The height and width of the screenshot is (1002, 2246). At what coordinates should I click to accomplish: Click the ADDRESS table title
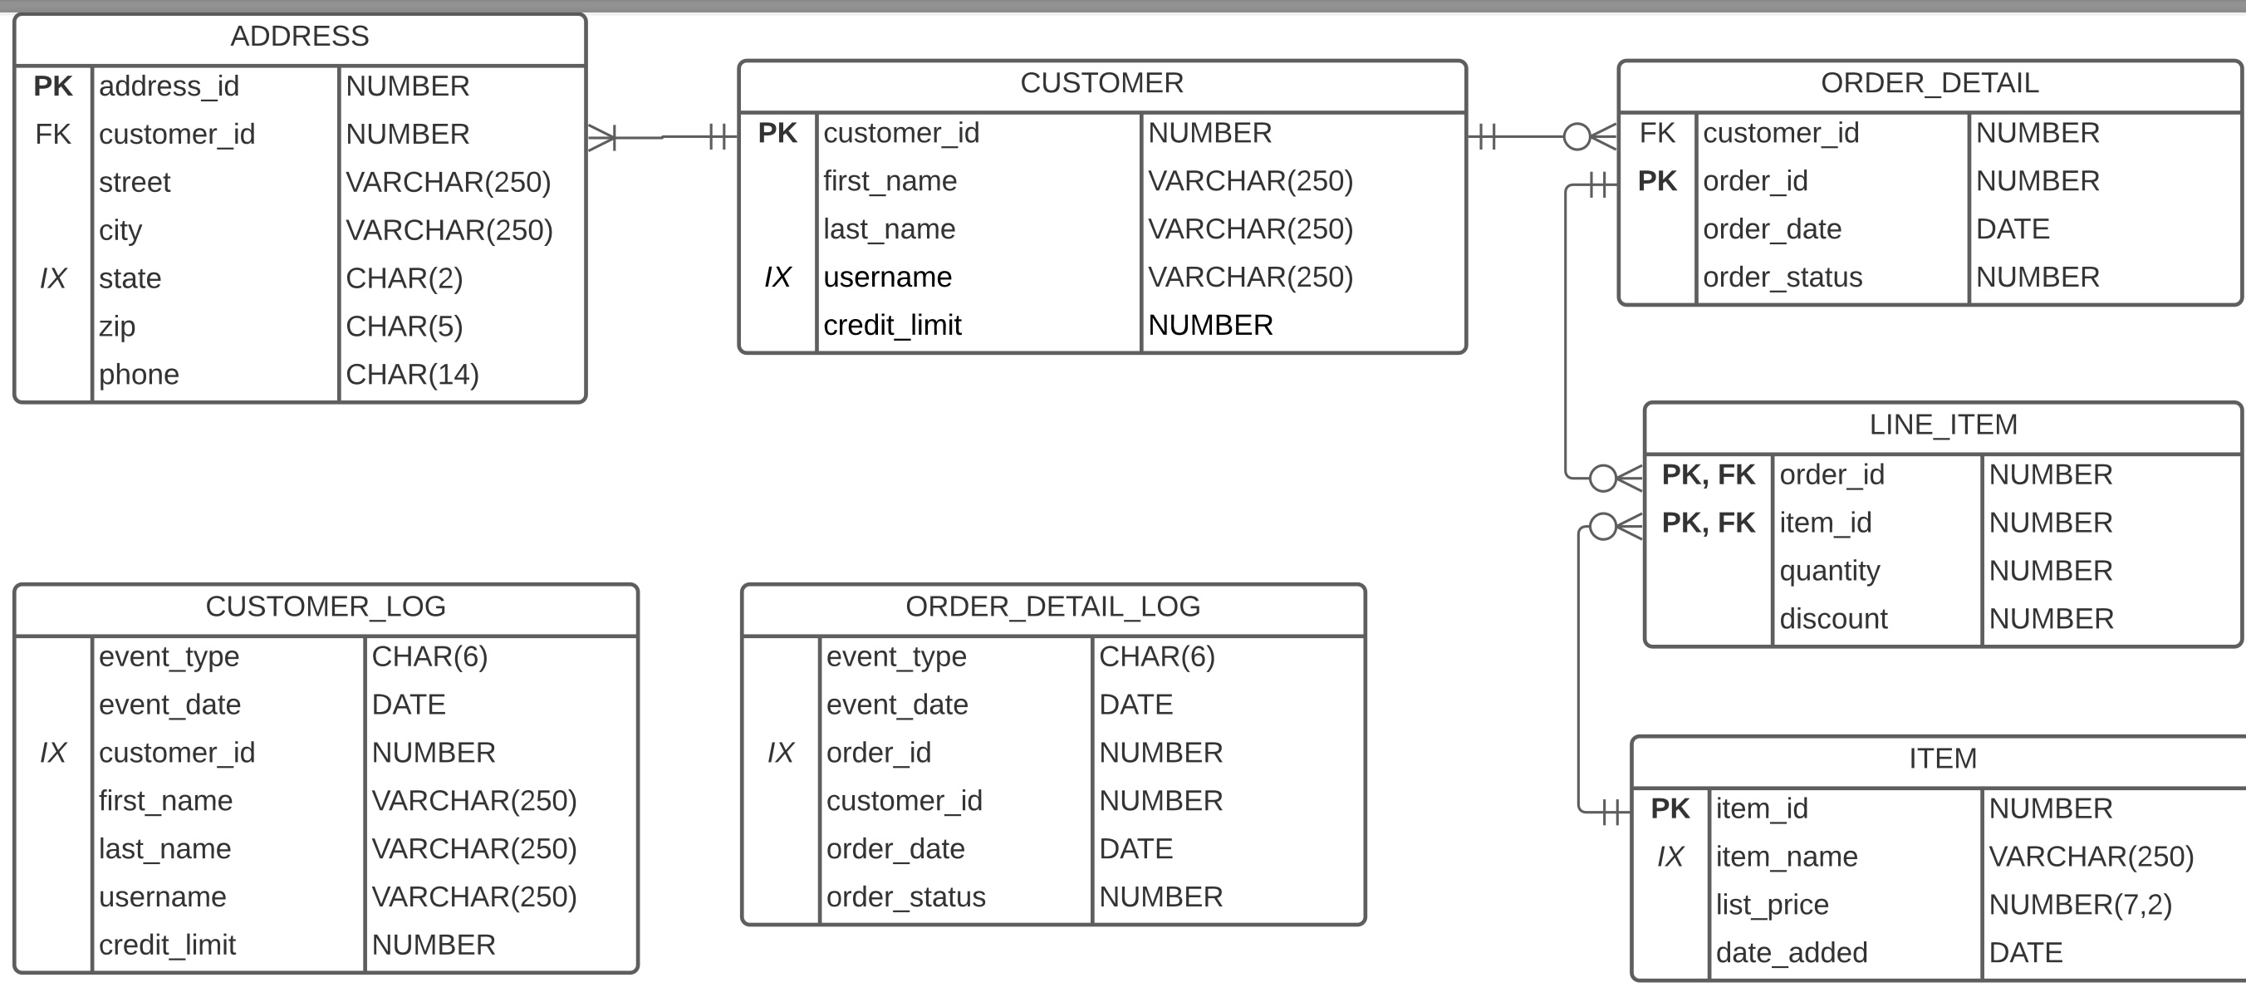299,37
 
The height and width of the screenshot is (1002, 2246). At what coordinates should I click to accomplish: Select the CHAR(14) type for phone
413,374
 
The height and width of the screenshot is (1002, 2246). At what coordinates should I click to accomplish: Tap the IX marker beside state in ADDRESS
53,278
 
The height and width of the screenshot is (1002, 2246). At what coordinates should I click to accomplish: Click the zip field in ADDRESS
117,327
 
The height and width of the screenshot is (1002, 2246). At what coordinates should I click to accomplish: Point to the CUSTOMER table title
1101,83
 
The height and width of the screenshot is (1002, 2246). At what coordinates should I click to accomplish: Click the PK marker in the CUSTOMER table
777,133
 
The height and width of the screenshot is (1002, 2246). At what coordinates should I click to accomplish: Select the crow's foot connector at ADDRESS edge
601,137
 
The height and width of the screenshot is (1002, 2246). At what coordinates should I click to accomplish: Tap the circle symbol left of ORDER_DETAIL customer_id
1577,137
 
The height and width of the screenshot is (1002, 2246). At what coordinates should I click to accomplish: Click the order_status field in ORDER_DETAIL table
1783,277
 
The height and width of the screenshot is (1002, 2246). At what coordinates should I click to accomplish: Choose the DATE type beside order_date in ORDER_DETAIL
2013,228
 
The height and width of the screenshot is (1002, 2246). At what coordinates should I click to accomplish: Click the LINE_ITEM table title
1943,425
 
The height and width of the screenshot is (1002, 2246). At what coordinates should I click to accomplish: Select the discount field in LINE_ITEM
1832,618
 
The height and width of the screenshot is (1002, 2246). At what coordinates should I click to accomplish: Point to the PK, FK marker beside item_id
1707,523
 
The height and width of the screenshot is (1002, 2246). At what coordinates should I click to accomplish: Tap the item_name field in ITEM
1786,857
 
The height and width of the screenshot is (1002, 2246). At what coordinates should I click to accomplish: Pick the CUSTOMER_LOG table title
326,606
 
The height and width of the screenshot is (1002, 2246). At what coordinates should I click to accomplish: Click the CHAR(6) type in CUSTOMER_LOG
429,656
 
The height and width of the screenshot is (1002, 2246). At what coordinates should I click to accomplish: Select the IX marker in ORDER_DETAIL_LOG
780,753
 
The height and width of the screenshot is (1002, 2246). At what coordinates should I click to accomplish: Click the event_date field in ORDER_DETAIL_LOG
896,704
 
